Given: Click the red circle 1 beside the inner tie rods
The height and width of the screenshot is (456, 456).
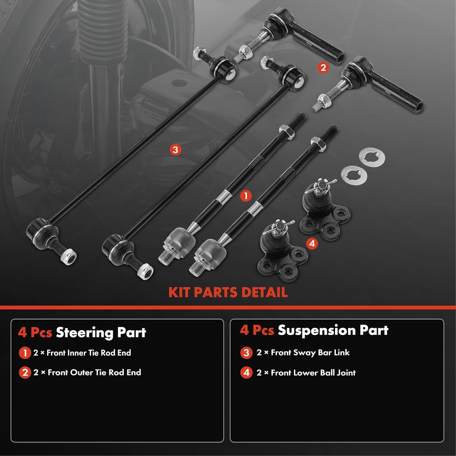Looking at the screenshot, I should [x=246, y=195].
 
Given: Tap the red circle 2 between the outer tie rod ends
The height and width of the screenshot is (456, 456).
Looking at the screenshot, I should [x=323, y=67].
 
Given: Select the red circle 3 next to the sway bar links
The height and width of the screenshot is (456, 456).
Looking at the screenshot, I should [x=175, y=149].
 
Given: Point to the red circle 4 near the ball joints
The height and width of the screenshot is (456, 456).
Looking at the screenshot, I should [x=312, y=243].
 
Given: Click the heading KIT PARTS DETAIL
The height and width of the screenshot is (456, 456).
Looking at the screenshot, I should [x=228, y=292].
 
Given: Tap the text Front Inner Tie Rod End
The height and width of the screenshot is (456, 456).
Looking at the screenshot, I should [x=89, y=353].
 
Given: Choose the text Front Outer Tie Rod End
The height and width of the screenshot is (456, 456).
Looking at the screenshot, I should [x=94, y=372].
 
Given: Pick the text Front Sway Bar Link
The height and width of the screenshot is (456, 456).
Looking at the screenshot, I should [x=310, y=353].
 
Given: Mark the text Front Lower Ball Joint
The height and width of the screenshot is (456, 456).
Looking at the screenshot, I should [x=313, y=373].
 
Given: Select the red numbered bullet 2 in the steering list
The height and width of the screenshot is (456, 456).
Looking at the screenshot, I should [x=25, y=373].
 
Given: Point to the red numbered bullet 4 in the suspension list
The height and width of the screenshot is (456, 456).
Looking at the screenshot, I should [x=246, y=373].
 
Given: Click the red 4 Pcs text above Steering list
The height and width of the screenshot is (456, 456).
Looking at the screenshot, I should [x=35, y=333].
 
